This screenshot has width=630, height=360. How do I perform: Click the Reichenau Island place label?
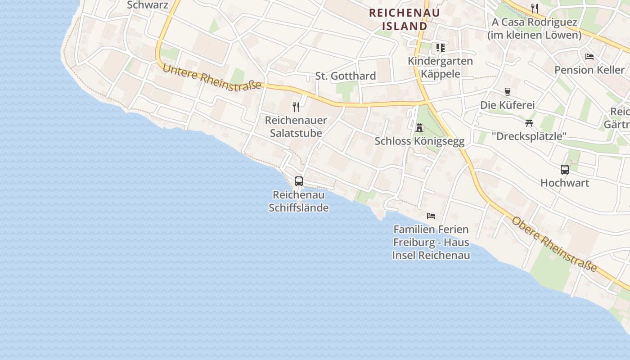(x=404, y=19)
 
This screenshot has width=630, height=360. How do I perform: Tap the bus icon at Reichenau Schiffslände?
(x=299, y=181)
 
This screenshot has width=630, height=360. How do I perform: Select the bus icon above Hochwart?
(x=565, y=170)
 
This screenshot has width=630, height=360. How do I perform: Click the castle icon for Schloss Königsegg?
(x=419, y=128)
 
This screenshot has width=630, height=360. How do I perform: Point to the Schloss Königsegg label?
(x=419, y=141)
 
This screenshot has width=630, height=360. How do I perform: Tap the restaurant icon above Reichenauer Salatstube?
(x=296, y=107)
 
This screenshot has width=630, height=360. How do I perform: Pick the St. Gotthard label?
(x=346, y=76)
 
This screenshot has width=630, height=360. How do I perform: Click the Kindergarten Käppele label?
(x=440, y=67)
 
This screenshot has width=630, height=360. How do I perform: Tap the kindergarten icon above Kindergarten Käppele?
(x=440, y=47)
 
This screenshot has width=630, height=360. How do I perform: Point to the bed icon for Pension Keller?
(x=589, y=57)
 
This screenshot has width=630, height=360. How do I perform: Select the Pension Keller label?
(x=589, y=70)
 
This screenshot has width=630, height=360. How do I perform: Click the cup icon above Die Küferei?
(x=508, y=92)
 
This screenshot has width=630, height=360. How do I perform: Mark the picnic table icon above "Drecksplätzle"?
(x=529, y=123)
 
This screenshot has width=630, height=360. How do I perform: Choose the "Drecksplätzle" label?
(x=529, y=136)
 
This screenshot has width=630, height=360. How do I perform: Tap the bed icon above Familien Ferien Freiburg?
(x=431, y=216)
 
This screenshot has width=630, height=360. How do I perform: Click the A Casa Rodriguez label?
(x=535, y=28)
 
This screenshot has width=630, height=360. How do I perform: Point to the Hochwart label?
(x=565, y=183)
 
